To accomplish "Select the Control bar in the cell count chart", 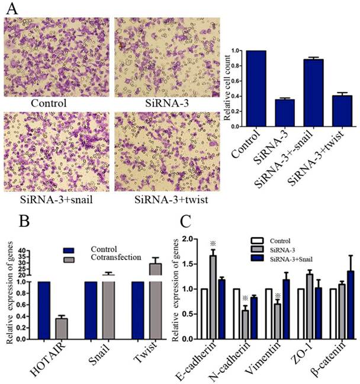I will tap(256, 88).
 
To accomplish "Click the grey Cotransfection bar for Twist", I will tap(155, 302).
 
